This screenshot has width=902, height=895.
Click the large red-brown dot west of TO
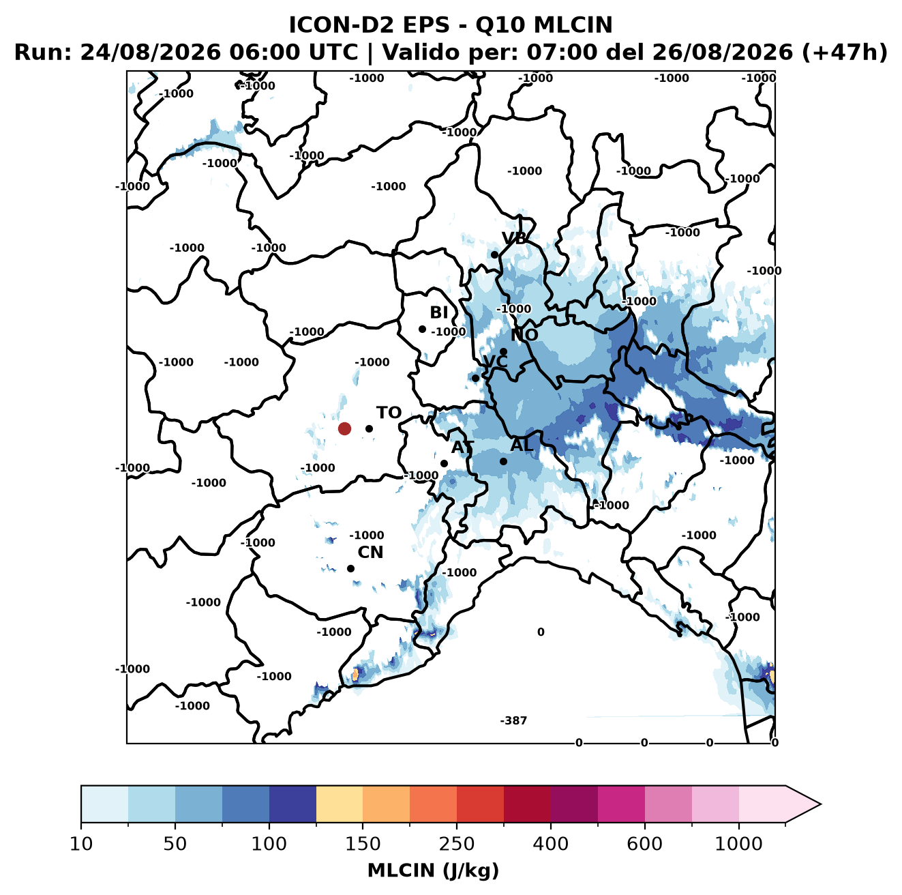pyautogui.click(x=344, y=428)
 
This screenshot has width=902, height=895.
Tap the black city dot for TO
pyautogui.click(x=369, y=428)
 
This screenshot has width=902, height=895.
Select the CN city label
pyautogui.click(x=370, y=552)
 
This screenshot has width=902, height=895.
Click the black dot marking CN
pyautogui.click(x=350, y=568)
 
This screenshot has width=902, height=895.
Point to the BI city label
pyautogui.click(x=438, y=312)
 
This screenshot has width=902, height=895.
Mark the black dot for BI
pyautogui.click(x=422, y=329)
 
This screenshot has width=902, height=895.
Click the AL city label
pyautogui.click(x=522, y=445)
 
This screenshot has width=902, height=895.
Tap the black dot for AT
pyautogui.click(x=444, y=464)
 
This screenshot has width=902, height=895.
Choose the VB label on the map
pyautogui.click(x=514, y=238)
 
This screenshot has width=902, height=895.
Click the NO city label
pyautogui.click(x=524, y=335)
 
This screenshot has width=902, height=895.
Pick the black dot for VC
pyautogui.click(x=475, y=378)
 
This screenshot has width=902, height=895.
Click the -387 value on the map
pyautogui.click(x=513, y=721)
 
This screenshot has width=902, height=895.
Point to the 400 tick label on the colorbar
pyautogui.click(x=550, y=844)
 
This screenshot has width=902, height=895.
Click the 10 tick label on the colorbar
pyautogui.click(x=81, y=844)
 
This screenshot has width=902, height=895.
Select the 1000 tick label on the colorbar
pyautogui.click(x=738, y=844)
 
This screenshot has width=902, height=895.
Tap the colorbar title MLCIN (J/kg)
pyautogui.click(x=433, y=870)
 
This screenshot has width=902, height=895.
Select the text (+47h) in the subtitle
pyautogui.click(x=845, y=53)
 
